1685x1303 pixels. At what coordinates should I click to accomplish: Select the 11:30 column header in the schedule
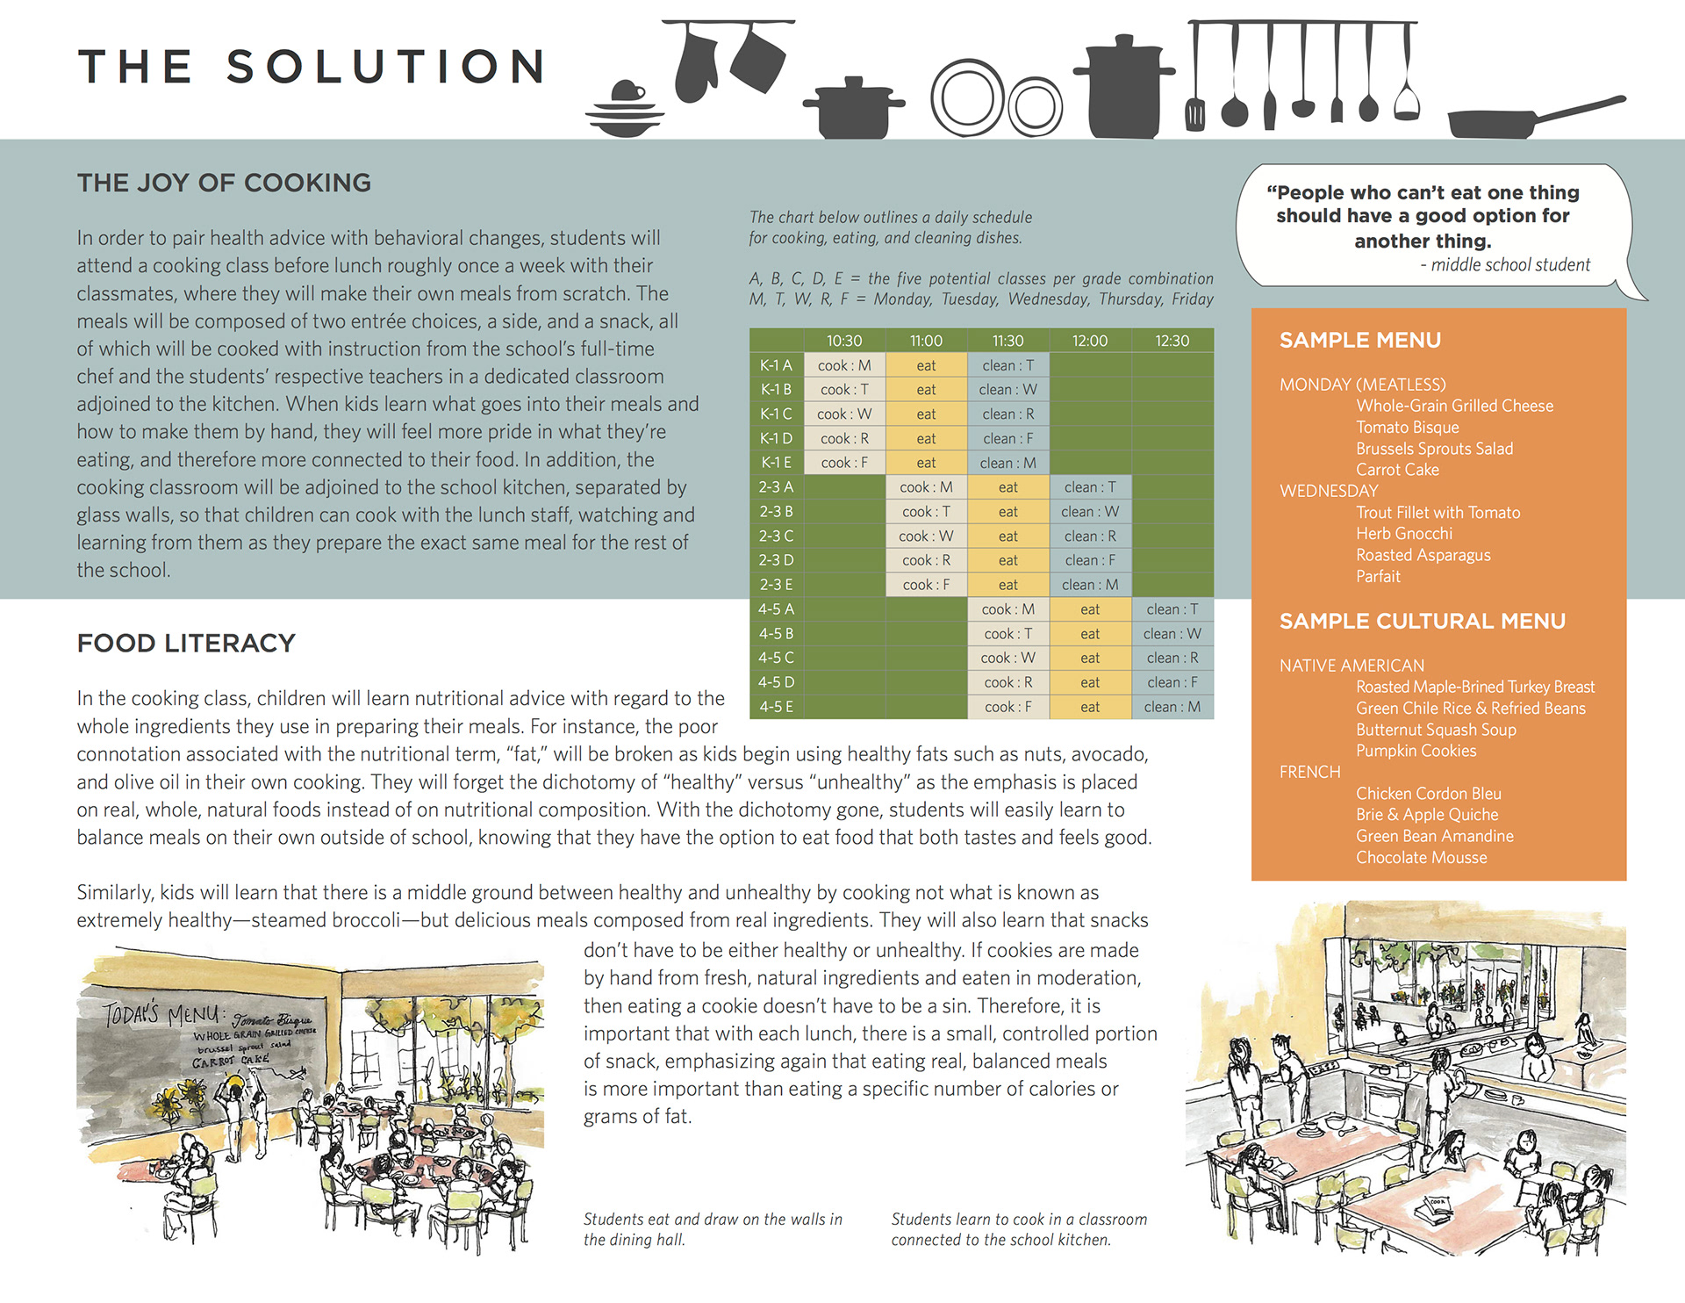point(1007,341)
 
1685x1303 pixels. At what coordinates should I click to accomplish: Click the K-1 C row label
point(776,414)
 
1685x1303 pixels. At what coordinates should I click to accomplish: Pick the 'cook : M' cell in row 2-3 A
point(926,487)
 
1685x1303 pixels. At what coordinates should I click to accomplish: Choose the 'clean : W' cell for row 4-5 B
point(1172,634)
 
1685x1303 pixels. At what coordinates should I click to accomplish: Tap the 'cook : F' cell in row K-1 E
point(844,463)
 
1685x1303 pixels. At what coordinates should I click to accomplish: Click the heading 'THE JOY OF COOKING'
point(224,183)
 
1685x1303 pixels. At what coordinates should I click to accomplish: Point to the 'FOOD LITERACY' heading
point(186,644)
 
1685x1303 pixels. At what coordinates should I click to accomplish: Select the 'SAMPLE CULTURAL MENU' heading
point(1422,622)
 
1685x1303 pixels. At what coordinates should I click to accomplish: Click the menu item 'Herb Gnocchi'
point(1403,534)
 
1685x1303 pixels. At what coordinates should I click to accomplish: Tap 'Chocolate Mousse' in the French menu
point(1421,858)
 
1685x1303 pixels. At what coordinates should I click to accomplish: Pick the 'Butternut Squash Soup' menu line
point(1436,730)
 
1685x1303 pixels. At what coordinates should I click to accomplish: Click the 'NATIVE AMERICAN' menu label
point(1352,666)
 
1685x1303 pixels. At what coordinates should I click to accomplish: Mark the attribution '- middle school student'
point(1504,265)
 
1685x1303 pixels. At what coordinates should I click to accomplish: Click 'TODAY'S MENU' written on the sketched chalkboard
point(161,1014)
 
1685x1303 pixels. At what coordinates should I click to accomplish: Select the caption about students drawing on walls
point(713,1229)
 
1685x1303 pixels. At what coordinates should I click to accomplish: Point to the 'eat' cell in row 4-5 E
point(1089,707)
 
